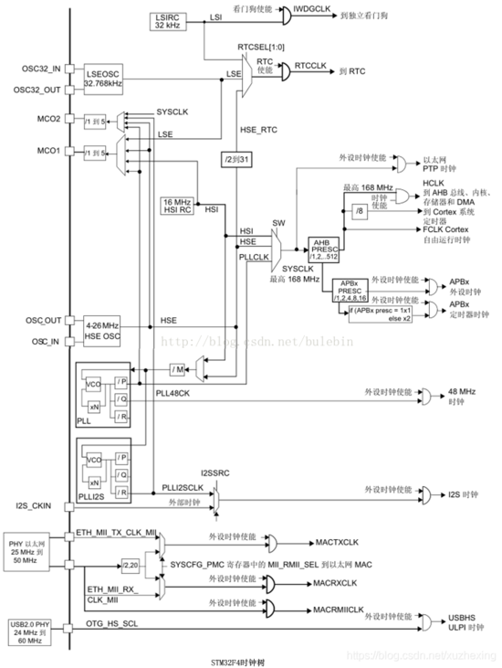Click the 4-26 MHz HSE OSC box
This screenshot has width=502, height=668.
(x=102, y=330)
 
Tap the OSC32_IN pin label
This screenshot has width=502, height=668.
(x=41, y=69)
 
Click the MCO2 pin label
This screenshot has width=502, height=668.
(x=47, y=119)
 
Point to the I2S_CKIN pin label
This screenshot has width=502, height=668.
(x=39, y=505)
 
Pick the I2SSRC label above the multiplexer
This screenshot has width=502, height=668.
(x=217, y=475)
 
